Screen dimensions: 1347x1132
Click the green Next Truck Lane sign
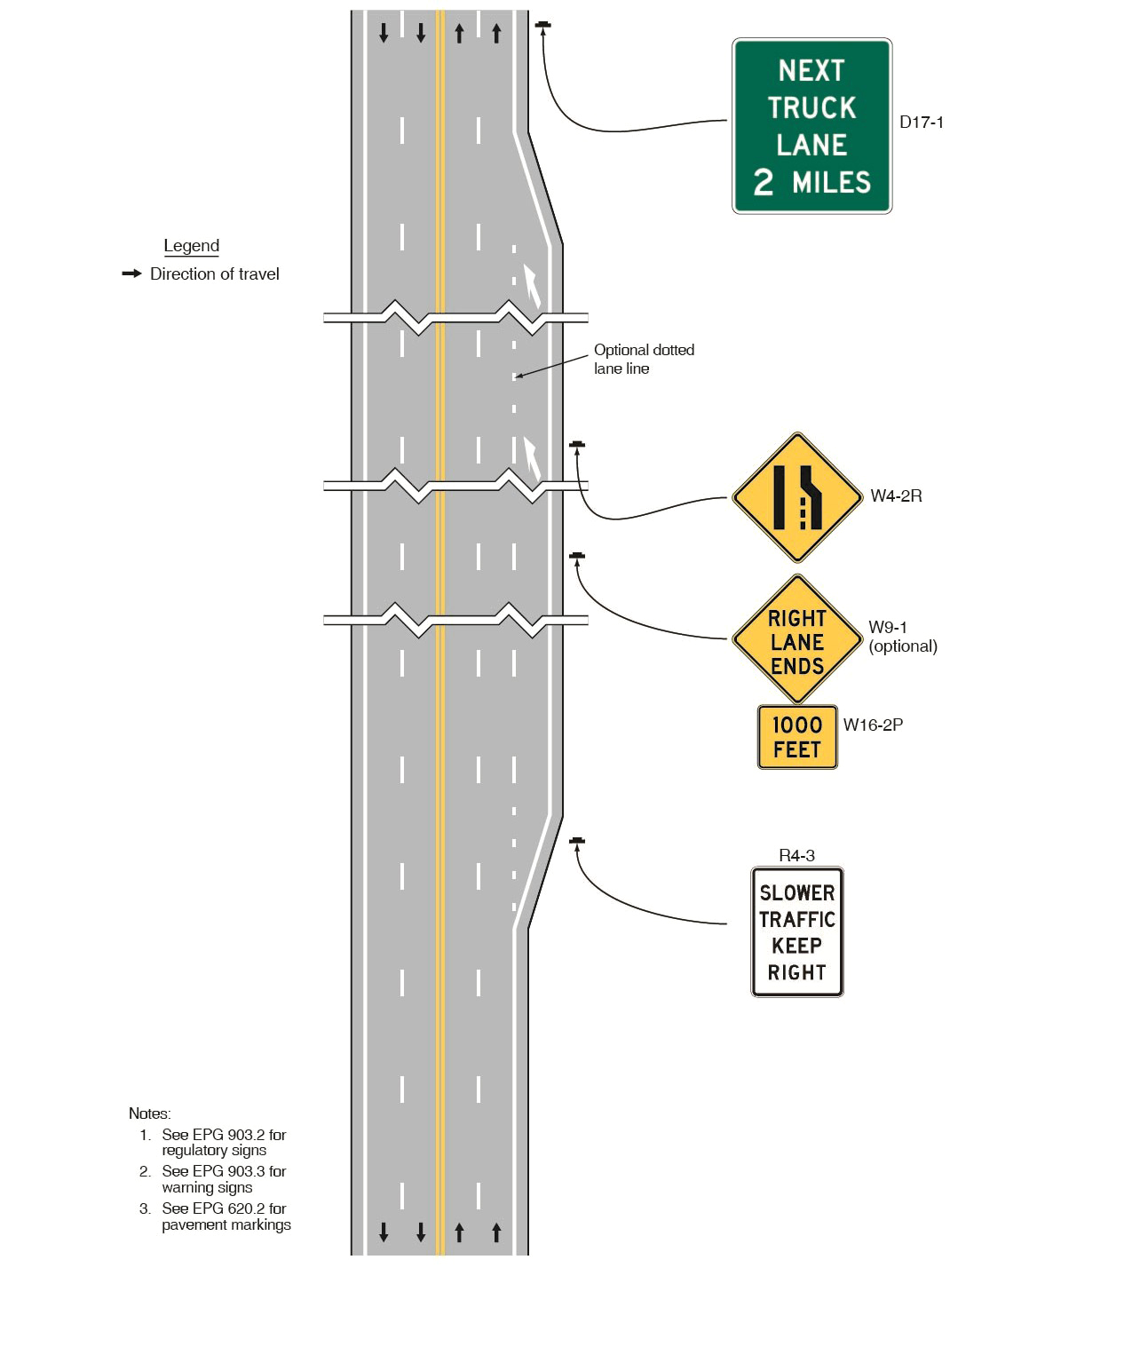811,126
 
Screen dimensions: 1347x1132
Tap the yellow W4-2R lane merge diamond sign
797,497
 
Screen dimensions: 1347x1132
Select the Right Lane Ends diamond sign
796,640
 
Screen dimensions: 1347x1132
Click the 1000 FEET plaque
796,737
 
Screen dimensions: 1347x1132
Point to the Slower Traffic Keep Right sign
796,932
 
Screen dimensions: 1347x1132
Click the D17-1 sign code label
921,123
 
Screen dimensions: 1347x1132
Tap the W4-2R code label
895,496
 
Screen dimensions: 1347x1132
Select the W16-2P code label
872,725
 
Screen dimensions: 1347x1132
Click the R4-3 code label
796,855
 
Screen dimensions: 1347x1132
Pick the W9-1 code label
887,627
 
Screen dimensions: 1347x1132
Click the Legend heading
191,246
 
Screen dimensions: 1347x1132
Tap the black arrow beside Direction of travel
131,273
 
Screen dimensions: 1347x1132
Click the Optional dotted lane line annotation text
644,359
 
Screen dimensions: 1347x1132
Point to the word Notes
149,1113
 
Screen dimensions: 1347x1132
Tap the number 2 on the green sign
763,183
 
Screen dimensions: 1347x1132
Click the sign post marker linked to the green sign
543,24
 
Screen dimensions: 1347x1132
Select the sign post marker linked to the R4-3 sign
577,840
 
